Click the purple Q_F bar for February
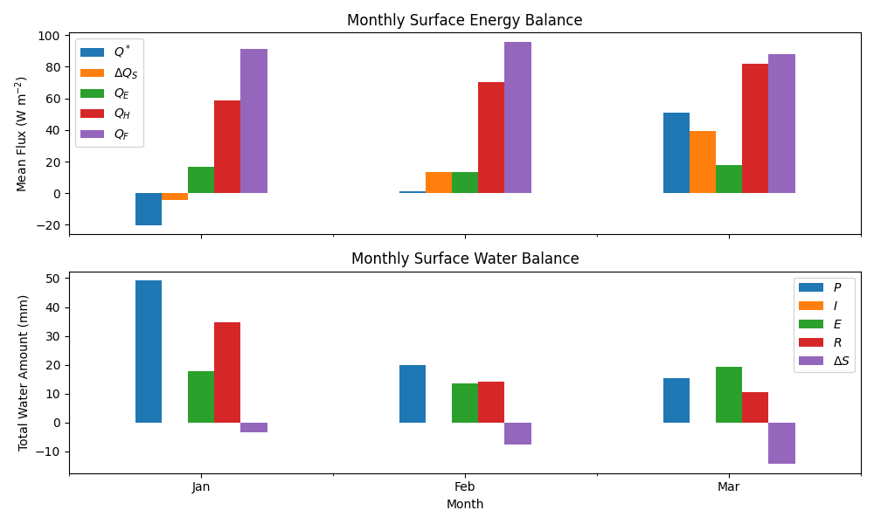coord(517,118)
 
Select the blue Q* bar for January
coord(149,209)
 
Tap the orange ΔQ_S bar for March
coord(703,162)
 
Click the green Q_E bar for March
coord(729,179)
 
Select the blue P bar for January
coord(149,351)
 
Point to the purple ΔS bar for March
coord(781,443)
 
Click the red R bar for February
coord(491,402)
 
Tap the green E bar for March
coord(729,395)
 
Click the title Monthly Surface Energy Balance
coord(464,20)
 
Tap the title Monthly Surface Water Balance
coord(464,259)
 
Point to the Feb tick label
coord(464,487)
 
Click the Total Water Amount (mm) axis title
coord(24,373)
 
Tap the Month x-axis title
coord(464,505)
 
